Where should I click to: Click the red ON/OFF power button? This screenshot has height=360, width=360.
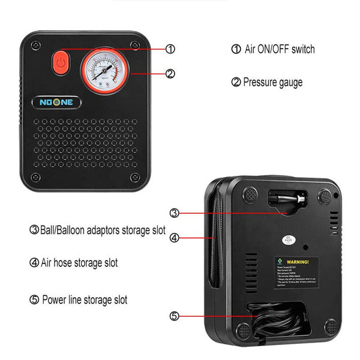[x=60, y=62]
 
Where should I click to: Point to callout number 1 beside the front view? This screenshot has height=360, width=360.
[x=170, y=49]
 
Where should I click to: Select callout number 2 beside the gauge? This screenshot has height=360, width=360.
[x=170, y=74]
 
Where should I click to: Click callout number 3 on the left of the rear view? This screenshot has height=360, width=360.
[x=174, y=212]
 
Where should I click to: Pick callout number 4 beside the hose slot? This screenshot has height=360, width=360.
[x=174, y=238]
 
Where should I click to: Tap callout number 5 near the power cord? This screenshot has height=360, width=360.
[x=174, y=316]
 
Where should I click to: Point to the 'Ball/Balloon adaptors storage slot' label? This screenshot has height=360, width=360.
[x=97, y=230]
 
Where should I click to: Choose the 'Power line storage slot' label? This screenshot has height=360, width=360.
[x=79, y=299]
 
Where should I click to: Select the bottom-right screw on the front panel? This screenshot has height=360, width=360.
[x=135, y=177]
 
